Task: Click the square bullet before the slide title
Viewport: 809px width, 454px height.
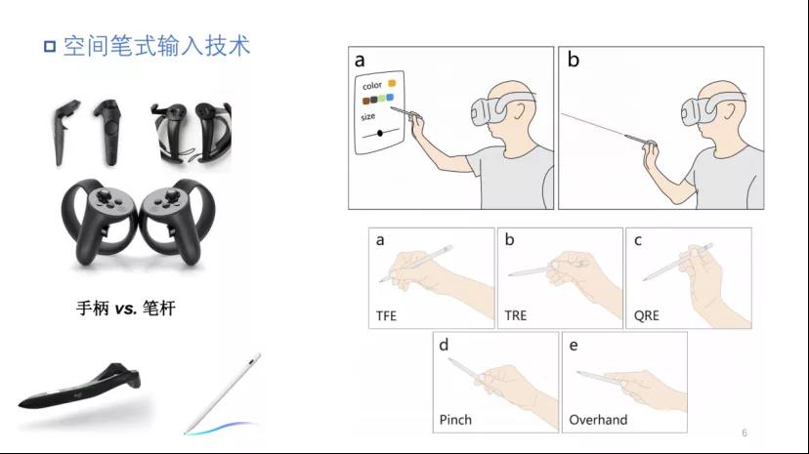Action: (x=50, y=47)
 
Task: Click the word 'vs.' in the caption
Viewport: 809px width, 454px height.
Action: (x=126, y=309)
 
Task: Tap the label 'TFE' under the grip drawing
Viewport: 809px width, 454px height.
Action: (x=386, y=316)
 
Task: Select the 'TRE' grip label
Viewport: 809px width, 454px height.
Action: (x=516, y=315)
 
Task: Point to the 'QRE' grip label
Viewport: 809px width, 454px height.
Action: (x=647, y=315)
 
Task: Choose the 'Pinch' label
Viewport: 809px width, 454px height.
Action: (x=455, y=420)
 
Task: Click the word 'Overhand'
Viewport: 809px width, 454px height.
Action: (x=598, y=420)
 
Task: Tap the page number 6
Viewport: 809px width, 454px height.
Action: (x=744, y=433)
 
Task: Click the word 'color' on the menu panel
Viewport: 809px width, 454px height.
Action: (x=372, y=86)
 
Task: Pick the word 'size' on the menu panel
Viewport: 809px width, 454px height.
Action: (x=368, y=117)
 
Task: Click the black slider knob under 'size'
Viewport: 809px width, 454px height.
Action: (x=380, y=134)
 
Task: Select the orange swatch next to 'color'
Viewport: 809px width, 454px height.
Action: (x=392, y=83)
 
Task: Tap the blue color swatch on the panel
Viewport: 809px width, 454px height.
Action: (x=390, y=97)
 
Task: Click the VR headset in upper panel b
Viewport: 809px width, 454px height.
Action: (x=705, y=109)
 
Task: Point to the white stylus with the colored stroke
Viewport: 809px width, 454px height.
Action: (x=223, y=392)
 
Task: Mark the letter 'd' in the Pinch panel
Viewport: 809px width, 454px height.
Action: (x=444, y=345)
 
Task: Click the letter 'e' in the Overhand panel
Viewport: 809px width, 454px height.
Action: (x=574, y=346)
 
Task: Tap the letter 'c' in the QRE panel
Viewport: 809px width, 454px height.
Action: (x=638, y=240)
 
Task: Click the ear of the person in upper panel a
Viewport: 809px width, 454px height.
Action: (x=518, y=109)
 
